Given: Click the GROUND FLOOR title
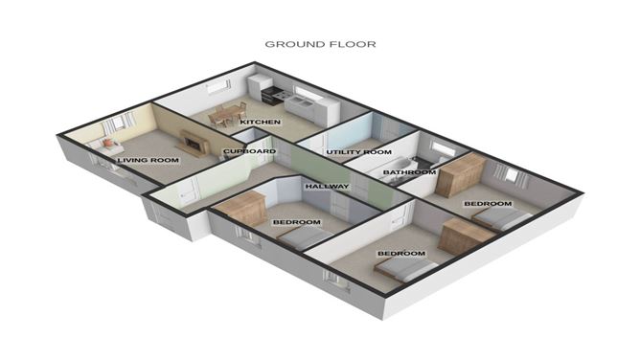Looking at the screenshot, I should click(320, 43).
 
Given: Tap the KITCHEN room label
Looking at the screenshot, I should click(260, 123).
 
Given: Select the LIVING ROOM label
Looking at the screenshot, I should click(150, 160).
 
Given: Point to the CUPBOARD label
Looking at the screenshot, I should click(249, 151).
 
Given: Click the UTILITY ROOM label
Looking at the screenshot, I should click(358, 152).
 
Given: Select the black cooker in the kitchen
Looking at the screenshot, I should click(271, 95).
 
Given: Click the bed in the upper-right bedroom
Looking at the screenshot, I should click(500, 219).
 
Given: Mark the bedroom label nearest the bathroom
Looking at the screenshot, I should click(488, 204).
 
